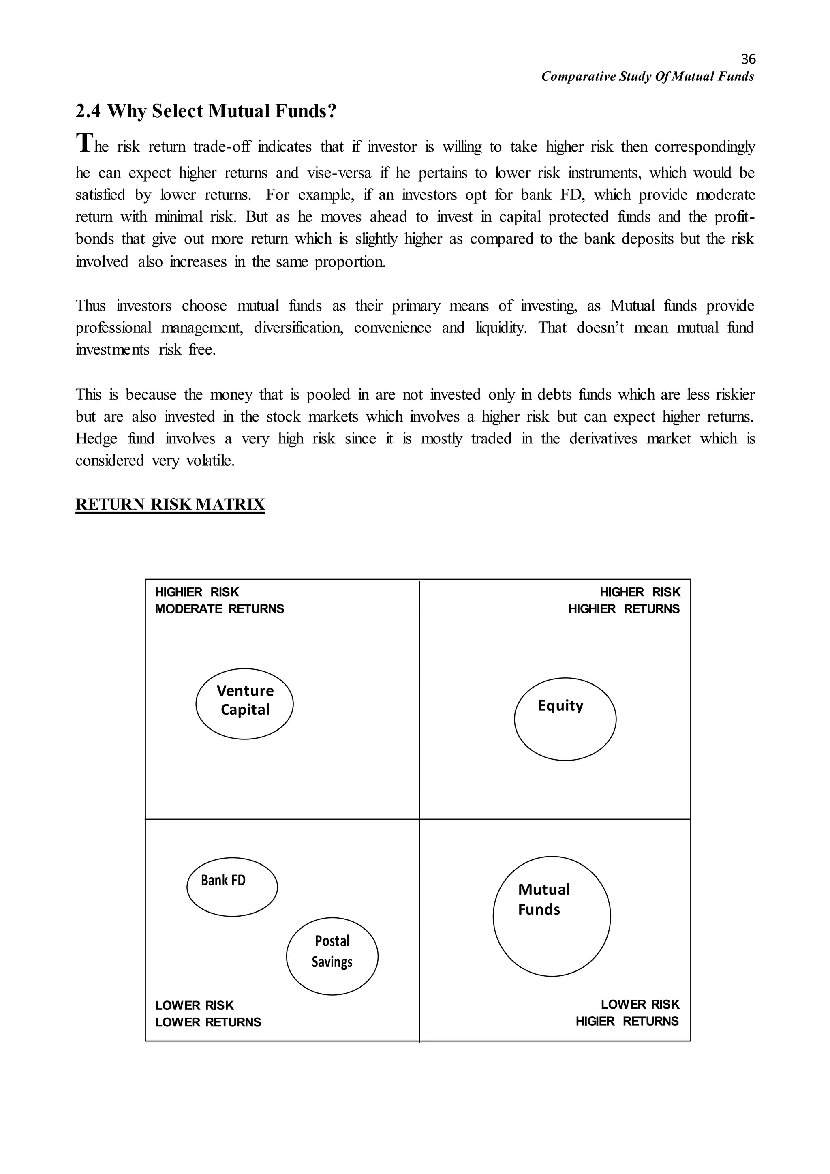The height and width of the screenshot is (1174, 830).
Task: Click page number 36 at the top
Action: point(748,59)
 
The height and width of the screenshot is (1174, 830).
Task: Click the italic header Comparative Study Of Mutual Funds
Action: point(647,77)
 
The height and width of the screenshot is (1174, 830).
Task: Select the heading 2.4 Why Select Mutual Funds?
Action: point(206,111)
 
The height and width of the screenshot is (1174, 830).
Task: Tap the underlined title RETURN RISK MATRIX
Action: point(170,504)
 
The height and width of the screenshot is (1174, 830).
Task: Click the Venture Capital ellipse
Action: point(244,704)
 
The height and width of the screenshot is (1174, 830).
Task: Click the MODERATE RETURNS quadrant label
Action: point(219,608)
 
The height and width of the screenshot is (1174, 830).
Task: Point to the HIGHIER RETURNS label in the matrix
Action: point(624,608)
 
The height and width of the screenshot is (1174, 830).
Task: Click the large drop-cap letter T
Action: point(84,142)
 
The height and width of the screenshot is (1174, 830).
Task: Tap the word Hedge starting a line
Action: point(96,439)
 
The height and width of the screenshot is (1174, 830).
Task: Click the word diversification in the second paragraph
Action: point(298,328)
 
